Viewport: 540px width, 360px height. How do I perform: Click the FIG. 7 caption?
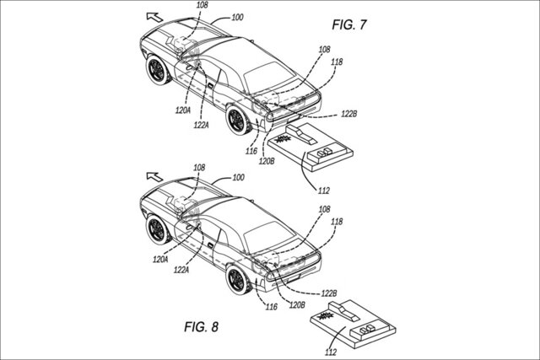coord(349,24)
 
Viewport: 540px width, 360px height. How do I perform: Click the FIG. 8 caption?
coord(201,326)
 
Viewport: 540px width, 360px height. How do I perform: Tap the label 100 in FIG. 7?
coord(237,17)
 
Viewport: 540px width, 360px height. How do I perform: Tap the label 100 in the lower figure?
coord(238,178)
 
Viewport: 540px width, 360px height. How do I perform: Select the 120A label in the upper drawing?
coord(183,110)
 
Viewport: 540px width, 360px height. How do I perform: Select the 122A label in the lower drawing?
coord(181,270)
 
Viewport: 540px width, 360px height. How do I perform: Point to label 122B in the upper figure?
coord(348,114)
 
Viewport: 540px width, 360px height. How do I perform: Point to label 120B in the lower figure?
coord(297,305)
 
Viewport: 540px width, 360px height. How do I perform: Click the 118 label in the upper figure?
coord(337,62)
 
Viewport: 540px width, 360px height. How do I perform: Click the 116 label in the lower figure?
coord(272,307)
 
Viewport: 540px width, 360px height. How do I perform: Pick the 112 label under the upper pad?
coord(324,191)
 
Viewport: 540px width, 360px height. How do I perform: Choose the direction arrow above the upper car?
coord(154,17)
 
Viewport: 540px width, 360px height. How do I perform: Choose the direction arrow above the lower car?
coord(154,176)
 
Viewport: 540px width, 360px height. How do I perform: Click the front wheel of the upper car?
coord(158,70)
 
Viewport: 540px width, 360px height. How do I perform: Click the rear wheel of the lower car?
coord(238,279)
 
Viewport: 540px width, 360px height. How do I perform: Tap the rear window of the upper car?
coord(268,77)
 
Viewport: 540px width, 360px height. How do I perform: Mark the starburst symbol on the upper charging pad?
coord(283,139)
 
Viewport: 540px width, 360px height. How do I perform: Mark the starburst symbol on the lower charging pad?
coord(326,315)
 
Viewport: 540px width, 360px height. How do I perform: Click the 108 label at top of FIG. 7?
coord(202,5)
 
